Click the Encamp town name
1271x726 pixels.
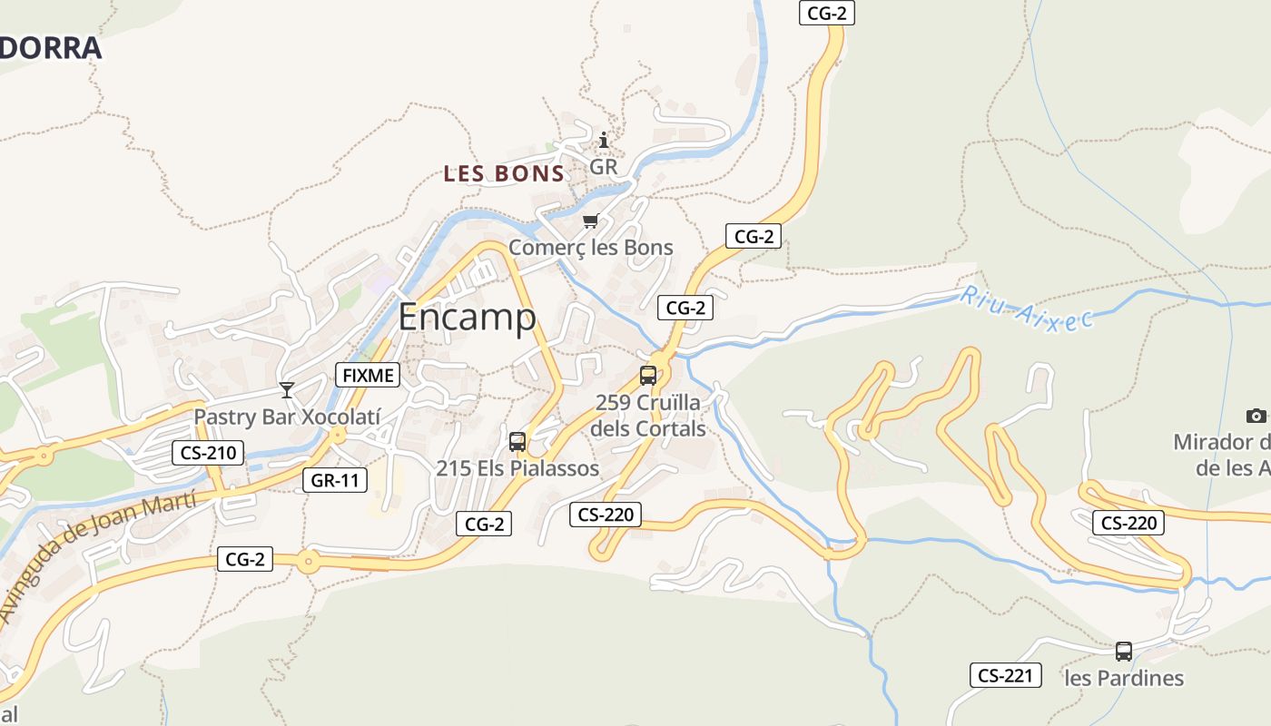point(467,317)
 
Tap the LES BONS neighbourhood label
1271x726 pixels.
point(504,173)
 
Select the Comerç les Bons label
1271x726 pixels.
point(590,247)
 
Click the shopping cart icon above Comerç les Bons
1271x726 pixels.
point(590,221)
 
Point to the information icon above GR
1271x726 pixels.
point(604,140)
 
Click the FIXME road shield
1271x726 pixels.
point(368,374)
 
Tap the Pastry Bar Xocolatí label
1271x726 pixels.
point(287,417)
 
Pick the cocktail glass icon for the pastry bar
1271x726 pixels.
point(287,390)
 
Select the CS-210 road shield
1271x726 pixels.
point(208,452)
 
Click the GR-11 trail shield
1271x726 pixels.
point(335,480)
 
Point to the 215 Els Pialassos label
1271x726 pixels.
point(517,468)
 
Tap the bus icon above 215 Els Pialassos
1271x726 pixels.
point(517,442)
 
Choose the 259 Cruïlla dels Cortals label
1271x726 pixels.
point(648,415)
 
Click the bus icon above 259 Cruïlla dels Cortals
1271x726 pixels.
point(648,375)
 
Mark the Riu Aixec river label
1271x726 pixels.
point(1026,309)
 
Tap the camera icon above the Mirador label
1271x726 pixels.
point(1256,416)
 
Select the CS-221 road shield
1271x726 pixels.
point(1004,675)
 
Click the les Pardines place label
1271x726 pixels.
point(1124,678)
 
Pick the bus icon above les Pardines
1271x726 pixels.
point(1124,651)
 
